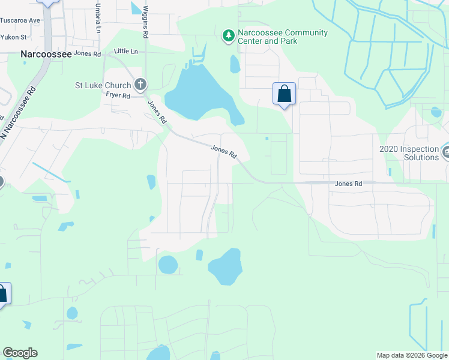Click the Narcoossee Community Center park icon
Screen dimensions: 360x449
click(x=228, y=37)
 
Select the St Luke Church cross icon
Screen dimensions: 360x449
click(x=140, y=85)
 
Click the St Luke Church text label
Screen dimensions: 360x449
click(x=102, y=85)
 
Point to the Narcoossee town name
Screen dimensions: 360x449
click(x=46, y=53)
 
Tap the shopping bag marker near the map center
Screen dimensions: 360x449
click(x=284, y=94)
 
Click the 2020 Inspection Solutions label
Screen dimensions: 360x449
click(x=409, y=153)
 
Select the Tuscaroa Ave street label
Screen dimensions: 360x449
click(x=20, y=20)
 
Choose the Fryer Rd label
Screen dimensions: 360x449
click(x=118, y=95)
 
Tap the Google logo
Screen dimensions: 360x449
click(x=20, y=353)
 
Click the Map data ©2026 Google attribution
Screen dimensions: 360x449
click(x=411, y=355)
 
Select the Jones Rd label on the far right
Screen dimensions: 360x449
click(x=348, y=184)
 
